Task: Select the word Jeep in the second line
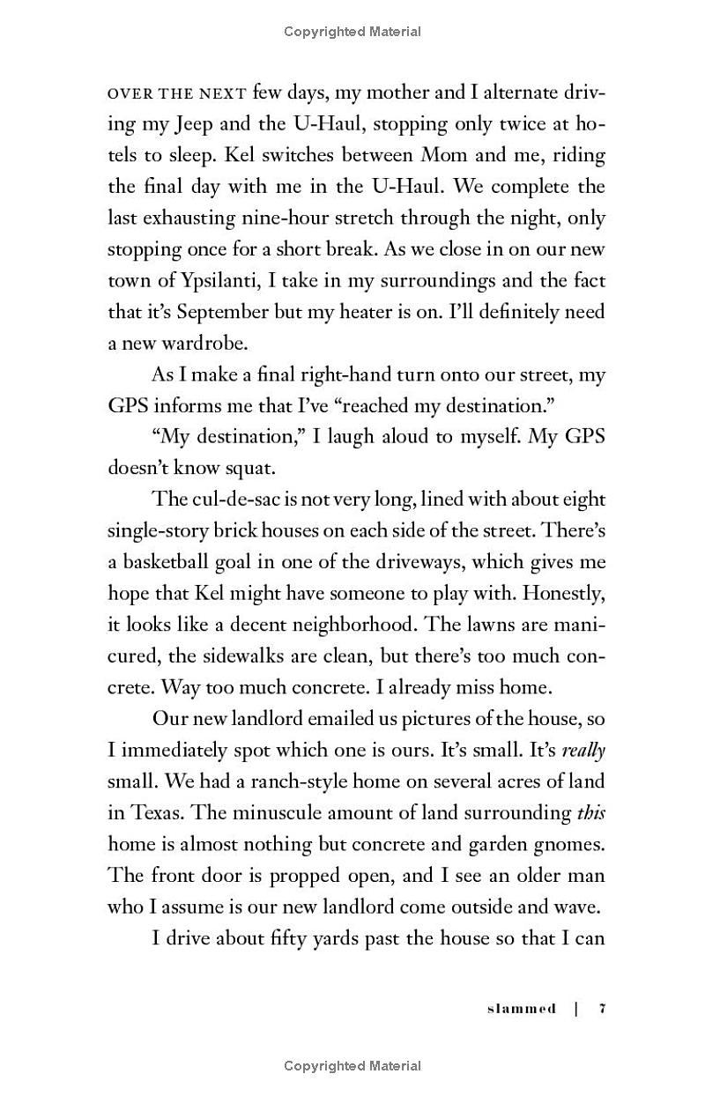pos(189,124)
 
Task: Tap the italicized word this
pos(591,812)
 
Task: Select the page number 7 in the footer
pos(602,1009)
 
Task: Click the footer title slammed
pos(522,1009)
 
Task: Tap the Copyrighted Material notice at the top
pos(352,32)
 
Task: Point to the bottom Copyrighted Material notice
pos(352,1066)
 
